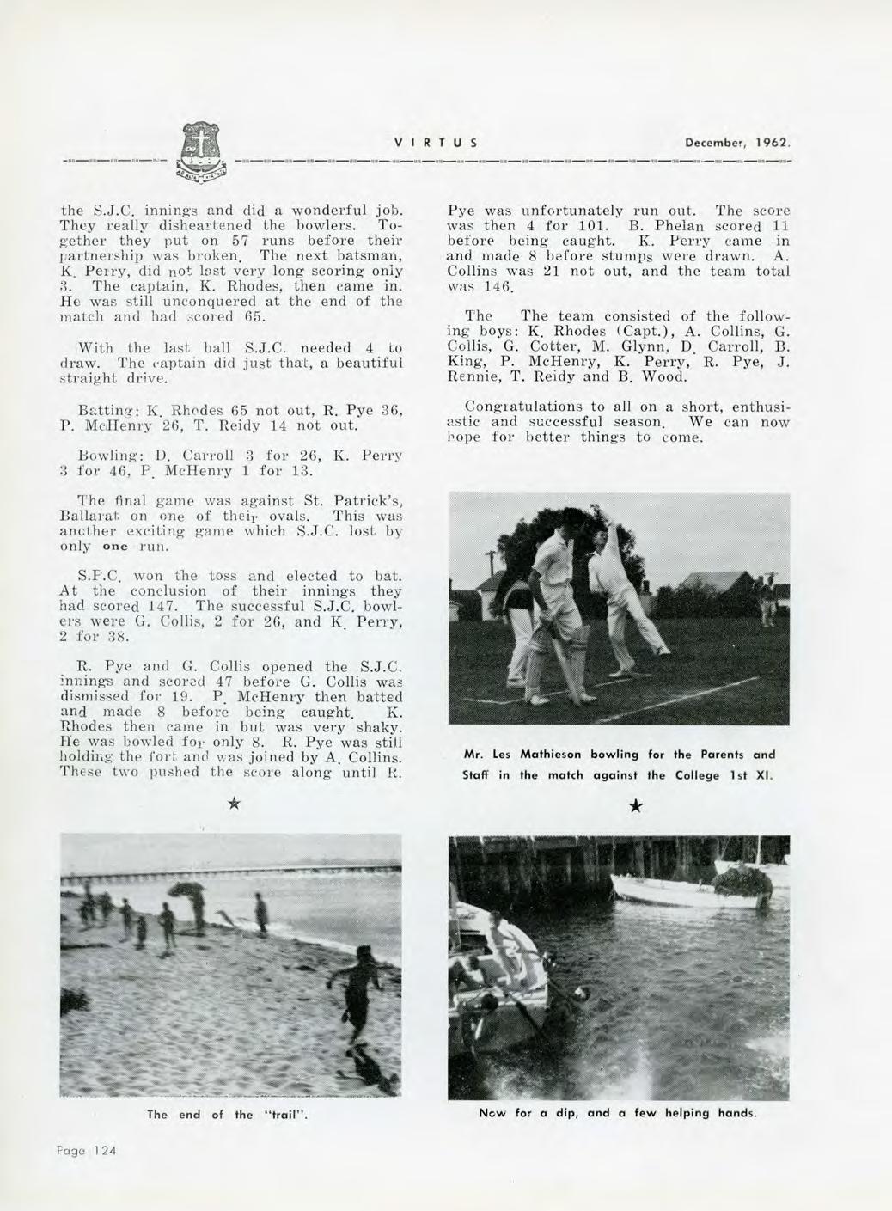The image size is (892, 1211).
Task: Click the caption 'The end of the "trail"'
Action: pos(227,1115)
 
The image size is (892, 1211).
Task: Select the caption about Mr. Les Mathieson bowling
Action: pos(619,764)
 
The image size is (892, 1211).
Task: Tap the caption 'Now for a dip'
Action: pos(618,1112)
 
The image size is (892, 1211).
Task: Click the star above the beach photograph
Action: pos(233,804)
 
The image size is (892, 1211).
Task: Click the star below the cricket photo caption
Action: pos(634,806)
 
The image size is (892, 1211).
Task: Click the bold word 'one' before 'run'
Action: pos(115,547)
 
